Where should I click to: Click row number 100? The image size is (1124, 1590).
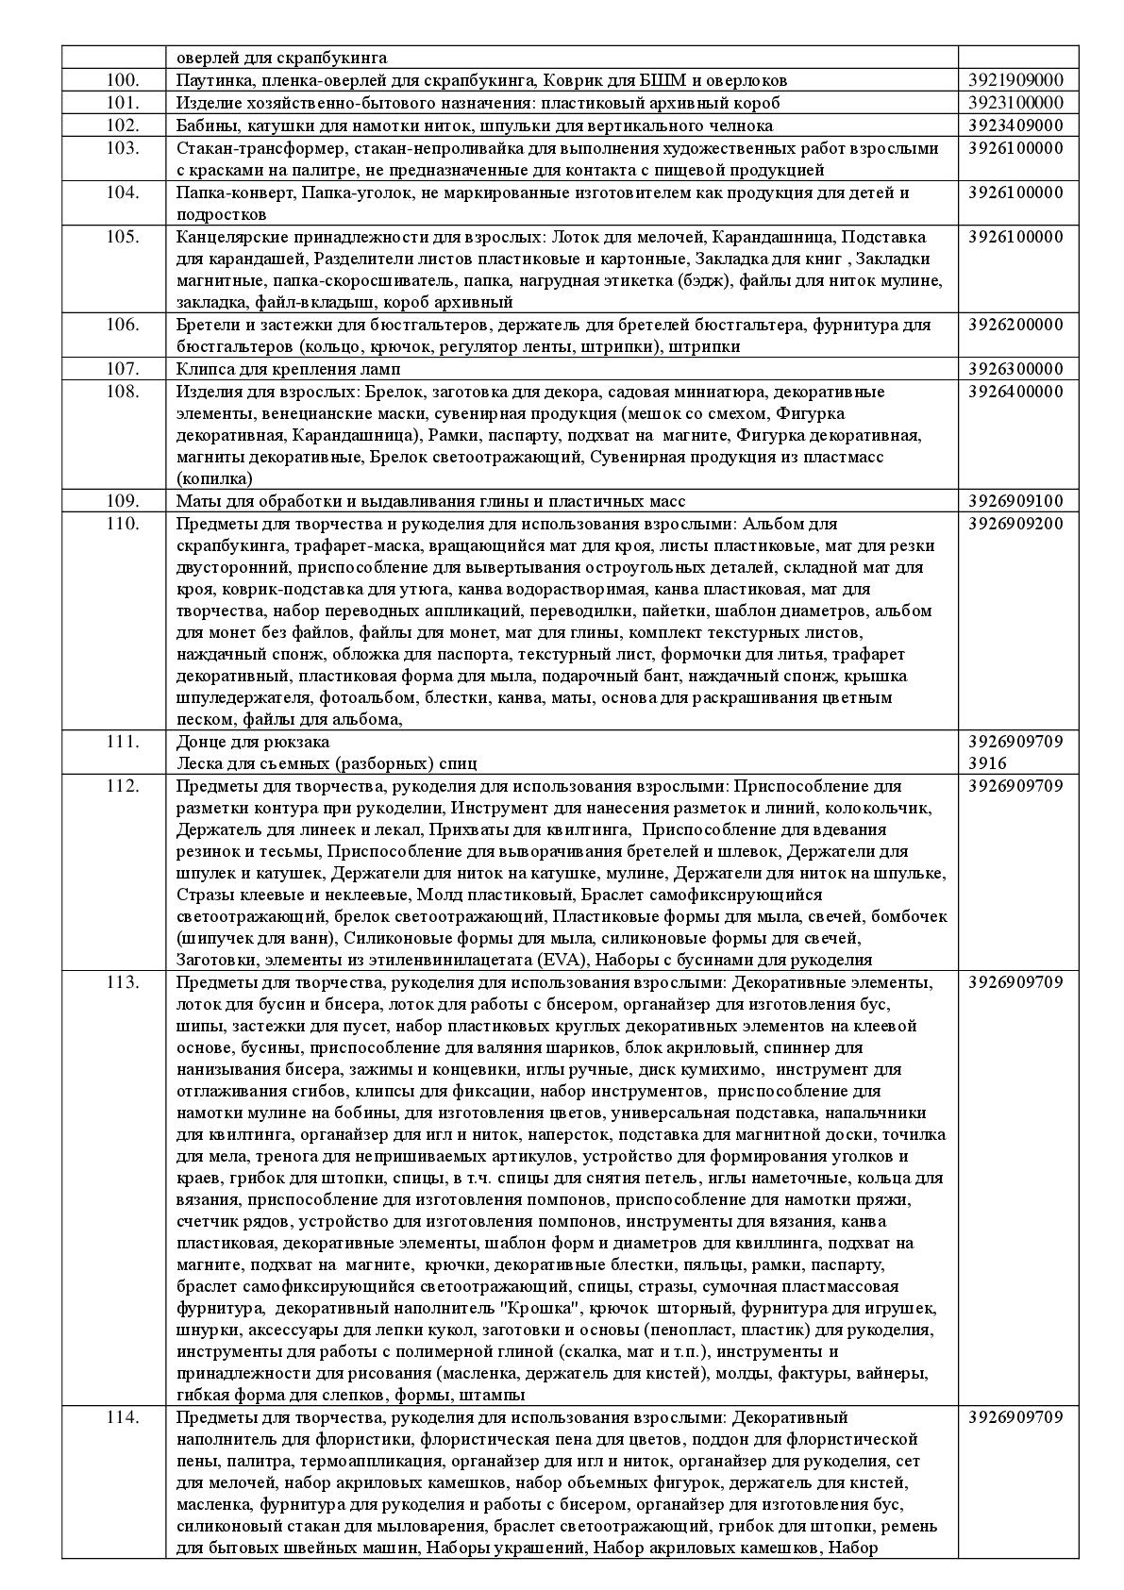click(123, 81)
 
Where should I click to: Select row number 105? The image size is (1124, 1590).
click(123, 237)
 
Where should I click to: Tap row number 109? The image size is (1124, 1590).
click(123, 501)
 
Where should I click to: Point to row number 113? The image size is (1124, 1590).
click(123, 982)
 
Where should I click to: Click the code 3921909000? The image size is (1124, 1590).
click(1015, 81)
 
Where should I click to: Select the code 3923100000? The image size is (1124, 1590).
click(1015, 104)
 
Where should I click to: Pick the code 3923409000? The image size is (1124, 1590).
click(1015, 126)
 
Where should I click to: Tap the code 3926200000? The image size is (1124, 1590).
click(1015, 325)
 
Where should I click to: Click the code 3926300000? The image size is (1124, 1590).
click(1015, 369)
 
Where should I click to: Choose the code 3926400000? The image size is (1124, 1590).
click(1015, 392)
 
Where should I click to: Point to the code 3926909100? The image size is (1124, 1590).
click(1015, 501)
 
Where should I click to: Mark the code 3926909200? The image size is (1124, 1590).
click(1015, 524)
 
